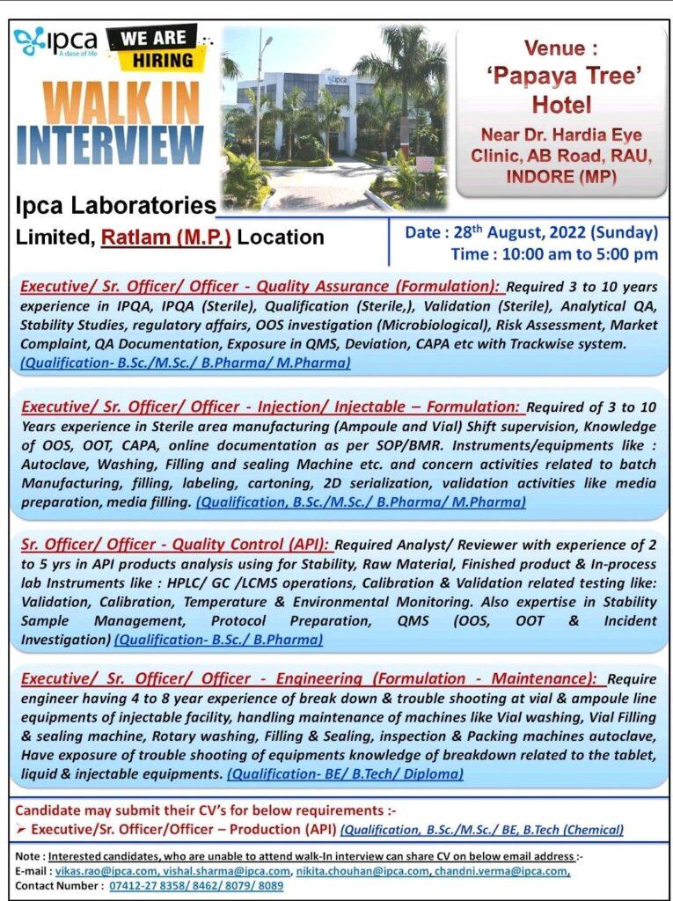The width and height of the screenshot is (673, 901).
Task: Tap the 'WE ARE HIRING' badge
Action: [x=151, y=49]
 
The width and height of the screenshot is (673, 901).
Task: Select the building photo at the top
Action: [x=335, y=116]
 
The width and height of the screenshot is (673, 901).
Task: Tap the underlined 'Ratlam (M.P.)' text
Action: [x=166, y=237]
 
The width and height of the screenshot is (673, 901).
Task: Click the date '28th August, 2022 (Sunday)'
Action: [x=530, y=233]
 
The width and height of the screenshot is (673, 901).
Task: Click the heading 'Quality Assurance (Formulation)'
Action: [x=371, y=286]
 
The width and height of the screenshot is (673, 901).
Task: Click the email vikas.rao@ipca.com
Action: [x=86, y=870]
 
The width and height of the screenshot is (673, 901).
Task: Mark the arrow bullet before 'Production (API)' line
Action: [x=22, y=829]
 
